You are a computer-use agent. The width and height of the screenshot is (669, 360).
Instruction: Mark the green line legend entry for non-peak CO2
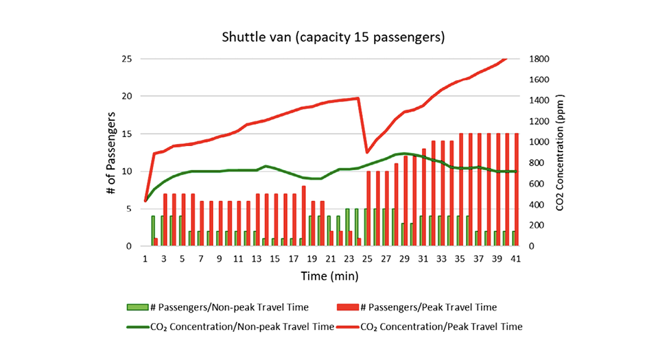137,326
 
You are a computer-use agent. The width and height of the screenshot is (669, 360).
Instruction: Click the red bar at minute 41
516,190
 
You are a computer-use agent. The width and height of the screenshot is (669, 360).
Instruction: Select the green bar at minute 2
153,231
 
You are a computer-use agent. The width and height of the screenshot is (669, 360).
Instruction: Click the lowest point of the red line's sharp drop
367,152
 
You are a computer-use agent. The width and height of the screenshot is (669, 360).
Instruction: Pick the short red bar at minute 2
156,242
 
